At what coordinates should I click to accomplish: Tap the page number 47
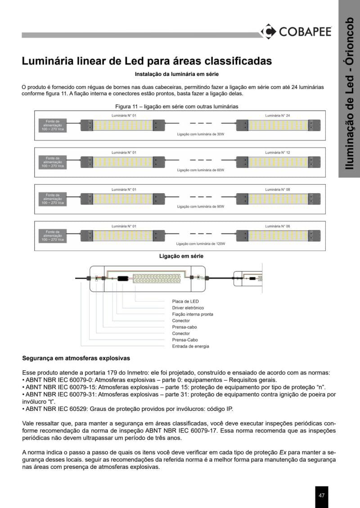pos(322,495)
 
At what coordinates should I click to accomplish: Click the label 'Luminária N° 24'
pos(278,116)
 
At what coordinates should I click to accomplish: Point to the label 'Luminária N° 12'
pos(278,153)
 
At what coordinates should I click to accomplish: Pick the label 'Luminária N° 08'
pos(278,190)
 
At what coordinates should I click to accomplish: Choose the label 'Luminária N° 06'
pos(278,226)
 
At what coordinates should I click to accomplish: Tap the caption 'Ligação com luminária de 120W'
pos(200,244)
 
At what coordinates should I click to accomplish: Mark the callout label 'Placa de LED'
pos(185,301)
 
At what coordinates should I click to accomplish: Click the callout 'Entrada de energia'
pos(190,347)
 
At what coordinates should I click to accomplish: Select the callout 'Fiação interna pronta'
pos(193,314)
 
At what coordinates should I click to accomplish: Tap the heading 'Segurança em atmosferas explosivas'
pos(76,358)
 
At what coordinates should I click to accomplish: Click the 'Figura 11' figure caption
pos(177,107)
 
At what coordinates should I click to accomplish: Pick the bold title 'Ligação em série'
pos(181,256)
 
